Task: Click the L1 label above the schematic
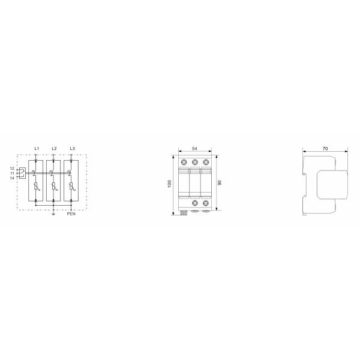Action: (x=37, y=149)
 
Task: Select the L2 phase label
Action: (x=54, y=149)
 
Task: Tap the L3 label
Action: (x=73, y=149)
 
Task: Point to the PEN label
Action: (x=71, y=214)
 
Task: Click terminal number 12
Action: (x=12, y=169)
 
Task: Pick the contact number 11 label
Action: (x=12, y=173)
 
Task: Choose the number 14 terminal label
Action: (x=12, y=178)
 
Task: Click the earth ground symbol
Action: (x=53, y=214)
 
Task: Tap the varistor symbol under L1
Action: (x=36, y=186)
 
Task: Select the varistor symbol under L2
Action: (x=54, y=186)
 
